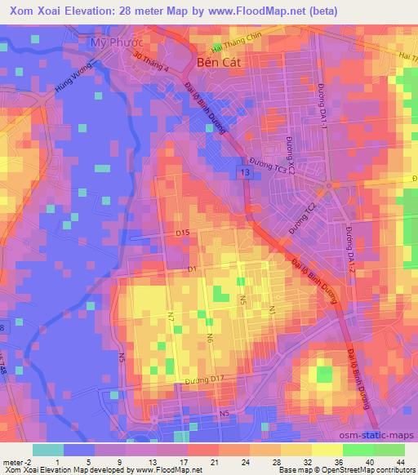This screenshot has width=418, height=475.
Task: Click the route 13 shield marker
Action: pyautogui.click(x=245, y=174)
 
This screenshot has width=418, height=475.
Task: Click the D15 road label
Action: pyautogui.click(x=183, y=233)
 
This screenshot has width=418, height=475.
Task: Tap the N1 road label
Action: pyautogui.click(x=272, y=312)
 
